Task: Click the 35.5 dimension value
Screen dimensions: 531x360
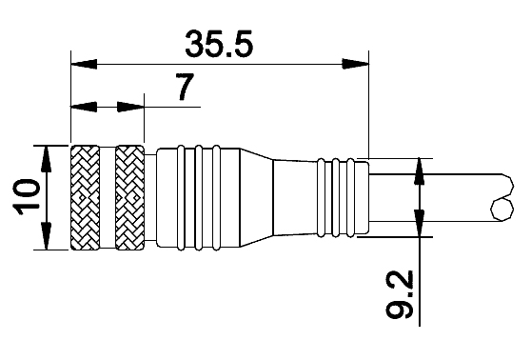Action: [219, 44]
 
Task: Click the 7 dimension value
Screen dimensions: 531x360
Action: [186, 87]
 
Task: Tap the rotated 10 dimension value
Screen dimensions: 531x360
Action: [26, 197]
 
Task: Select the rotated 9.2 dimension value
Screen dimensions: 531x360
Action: [400, 294]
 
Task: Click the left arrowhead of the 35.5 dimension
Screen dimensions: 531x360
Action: [84, 64]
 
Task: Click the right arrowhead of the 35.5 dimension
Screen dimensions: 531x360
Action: [356, 64]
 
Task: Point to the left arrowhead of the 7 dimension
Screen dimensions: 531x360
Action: [84, 107]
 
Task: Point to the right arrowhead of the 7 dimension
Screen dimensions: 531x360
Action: [130, 107]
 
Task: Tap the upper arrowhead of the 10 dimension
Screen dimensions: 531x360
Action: [46, 159]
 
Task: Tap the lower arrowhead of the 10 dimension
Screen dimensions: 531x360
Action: [46, 236]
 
